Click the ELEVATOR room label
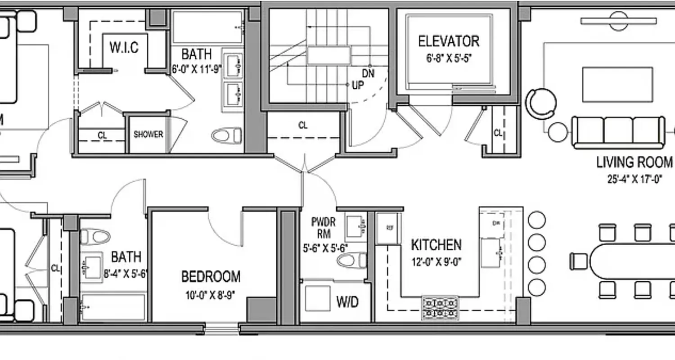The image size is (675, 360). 448,41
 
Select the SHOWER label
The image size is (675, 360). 148,135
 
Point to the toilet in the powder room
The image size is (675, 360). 351,260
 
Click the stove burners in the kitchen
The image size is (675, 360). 440,307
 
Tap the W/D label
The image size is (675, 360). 347,302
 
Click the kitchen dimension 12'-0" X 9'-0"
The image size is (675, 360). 436,262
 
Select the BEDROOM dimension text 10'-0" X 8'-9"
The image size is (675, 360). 210,295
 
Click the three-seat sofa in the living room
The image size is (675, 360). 618,132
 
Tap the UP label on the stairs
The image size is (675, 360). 358,85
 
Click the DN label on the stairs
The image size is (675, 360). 368,73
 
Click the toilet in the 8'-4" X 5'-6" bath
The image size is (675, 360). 95,236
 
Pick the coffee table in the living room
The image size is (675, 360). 617,85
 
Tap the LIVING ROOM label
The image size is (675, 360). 634,162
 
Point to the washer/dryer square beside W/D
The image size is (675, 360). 317,298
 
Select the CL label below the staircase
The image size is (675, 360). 303,126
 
